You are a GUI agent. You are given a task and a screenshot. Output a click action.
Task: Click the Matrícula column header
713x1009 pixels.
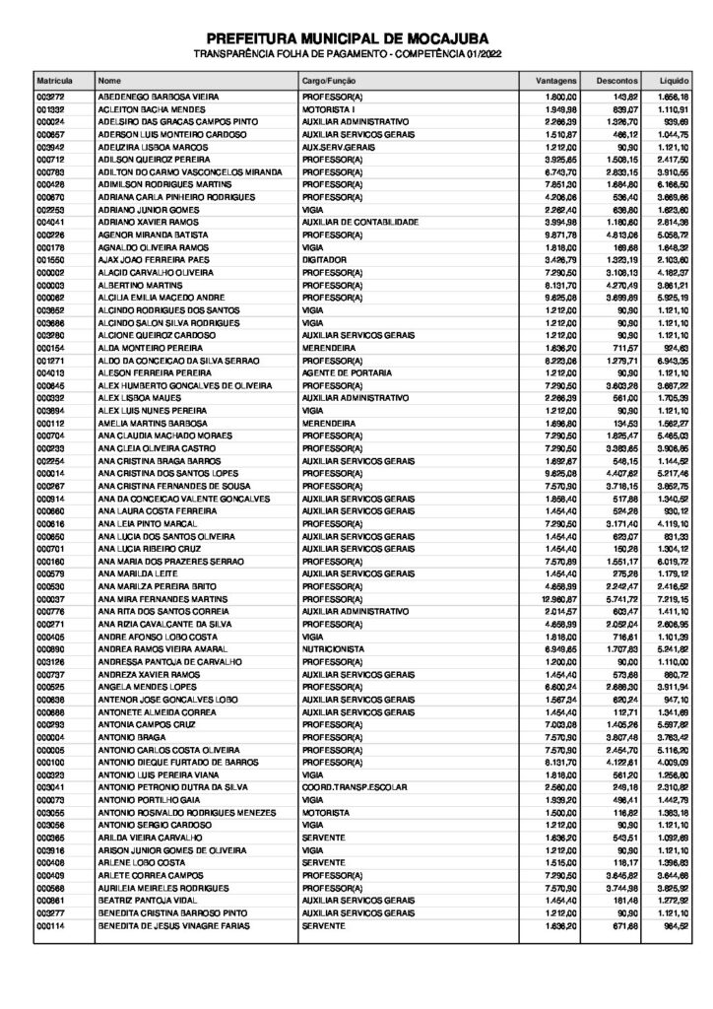coord(50,77)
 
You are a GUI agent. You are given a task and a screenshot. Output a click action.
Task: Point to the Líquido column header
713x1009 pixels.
coord(671,77)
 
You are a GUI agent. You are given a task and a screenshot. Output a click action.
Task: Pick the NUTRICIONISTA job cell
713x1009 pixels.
coord(332,649)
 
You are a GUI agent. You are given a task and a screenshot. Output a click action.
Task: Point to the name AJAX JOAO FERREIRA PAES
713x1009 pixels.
coord(149,258)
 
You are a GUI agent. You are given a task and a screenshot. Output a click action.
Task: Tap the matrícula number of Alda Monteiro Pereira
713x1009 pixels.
coord(50,348)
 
